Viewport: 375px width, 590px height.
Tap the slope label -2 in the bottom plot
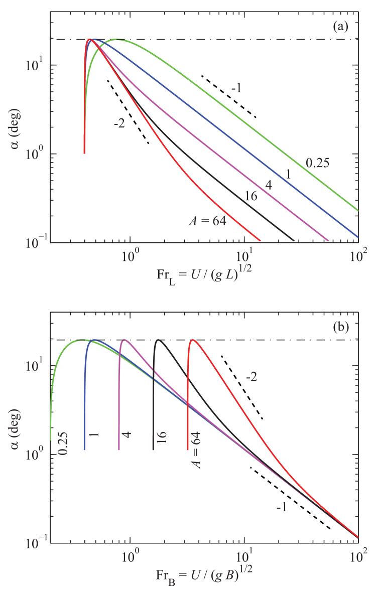click(x=253, y=377)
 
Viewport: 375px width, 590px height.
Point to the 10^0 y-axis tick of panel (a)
click(x=40, y=154)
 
